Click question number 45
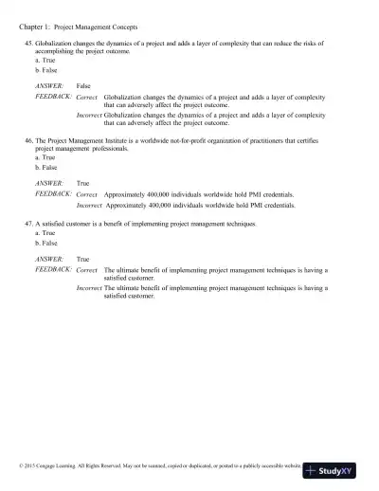[x=29, y=45]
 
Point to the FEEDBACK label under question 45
[x=53, y=96]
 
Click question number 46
[x=29, y=139]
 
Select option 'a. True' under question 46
[x=44, y=155]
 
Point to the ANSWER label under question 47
[x=48, y=258]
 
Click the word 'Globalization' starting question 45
[x=56, y=45]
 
